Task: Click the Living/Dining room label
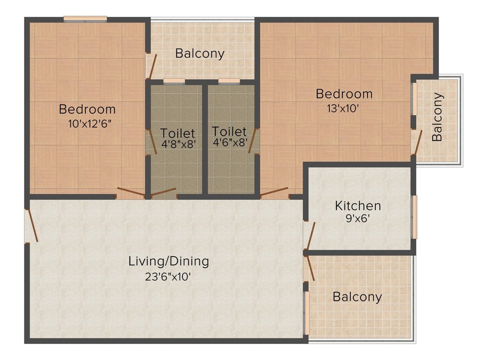pos(169,261)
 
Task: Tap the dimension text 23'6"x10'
pos(169,277)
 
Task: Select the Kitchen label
pos(358,205)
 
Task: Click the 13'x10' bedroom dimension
pos(344,108)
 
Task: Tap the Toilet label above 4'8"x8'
pos(178,133)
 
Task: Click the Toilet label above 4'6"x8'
pos(229,131)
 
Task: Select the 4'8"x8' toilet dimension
pos(178,144)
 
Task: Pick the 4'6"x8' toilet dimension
pos(229,142)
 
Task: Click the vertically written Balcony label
pos(437,117)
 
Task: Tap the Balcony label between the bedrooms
pos(200,53)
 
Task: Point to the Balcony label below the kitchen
pos(357,297)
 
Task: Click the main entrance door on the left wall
pos(31,225)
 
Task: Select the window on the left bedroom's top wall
pos(85,19)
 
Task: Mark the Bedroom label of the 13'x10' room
pos(344,94)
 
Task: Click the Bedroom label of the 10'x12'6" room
pos(87,109)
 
